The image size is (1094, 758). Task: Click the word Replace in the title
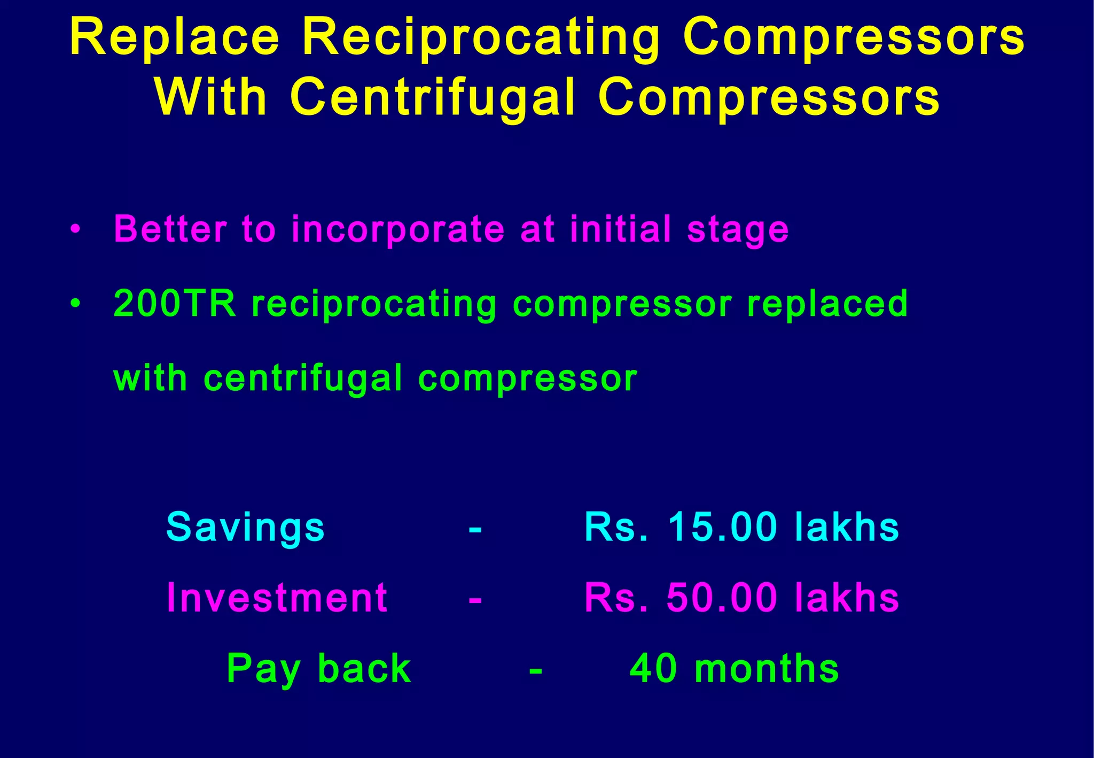[x=175, y=37]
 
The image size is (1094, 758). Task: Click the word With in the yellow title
[x=212, y=97]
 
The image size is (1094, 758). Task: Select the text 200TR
[x=175, y=304]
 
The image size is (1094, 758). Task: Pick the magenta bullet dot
[x=75, y=229]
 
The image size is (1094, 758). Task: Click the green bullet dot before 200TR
[x=75, y=304]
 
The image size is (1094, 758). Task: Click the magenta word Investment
[x=277, y=598]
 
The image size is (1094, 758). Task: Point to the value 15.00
[x=722, y=527]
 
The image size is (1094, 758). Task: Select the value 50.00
[x=722, y=598]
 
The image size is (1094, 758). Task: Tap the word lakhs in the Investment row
[x=847, y=598]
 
